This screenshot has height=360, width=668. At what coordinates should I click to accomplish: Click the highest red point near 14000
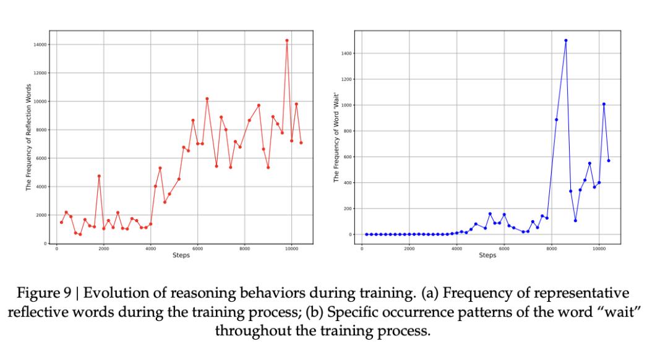point(287,40)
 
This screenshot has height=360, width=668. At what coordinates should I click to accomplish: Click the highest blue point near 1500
point(566,40)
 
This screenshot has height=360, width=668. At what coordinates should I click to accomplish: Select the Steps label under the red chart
point(181,255)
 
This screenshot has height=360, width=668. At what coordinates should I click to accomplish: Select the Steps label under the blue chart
point(487,255)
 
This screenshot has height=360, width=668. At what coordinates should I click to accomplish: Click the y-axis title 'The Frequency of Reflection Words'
point(28,137)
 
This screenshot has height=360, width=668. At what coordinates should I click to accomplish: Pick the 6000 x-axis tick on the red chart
point(197,248)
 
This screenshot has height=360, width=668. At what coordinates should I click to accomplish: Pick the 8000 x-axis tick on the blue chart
point(551,248)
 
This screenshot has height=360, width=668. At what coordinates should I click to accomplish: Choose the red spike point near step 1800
point(99,176)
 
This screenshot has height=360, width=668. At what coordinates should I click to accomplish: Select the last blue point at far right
point(609,161)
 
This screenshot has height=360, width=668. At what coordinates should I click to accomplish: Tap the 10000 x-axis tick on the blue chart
point(599,248)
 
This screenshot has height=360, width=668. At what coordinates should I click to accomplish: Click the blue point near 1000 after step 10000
point(604,104)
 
